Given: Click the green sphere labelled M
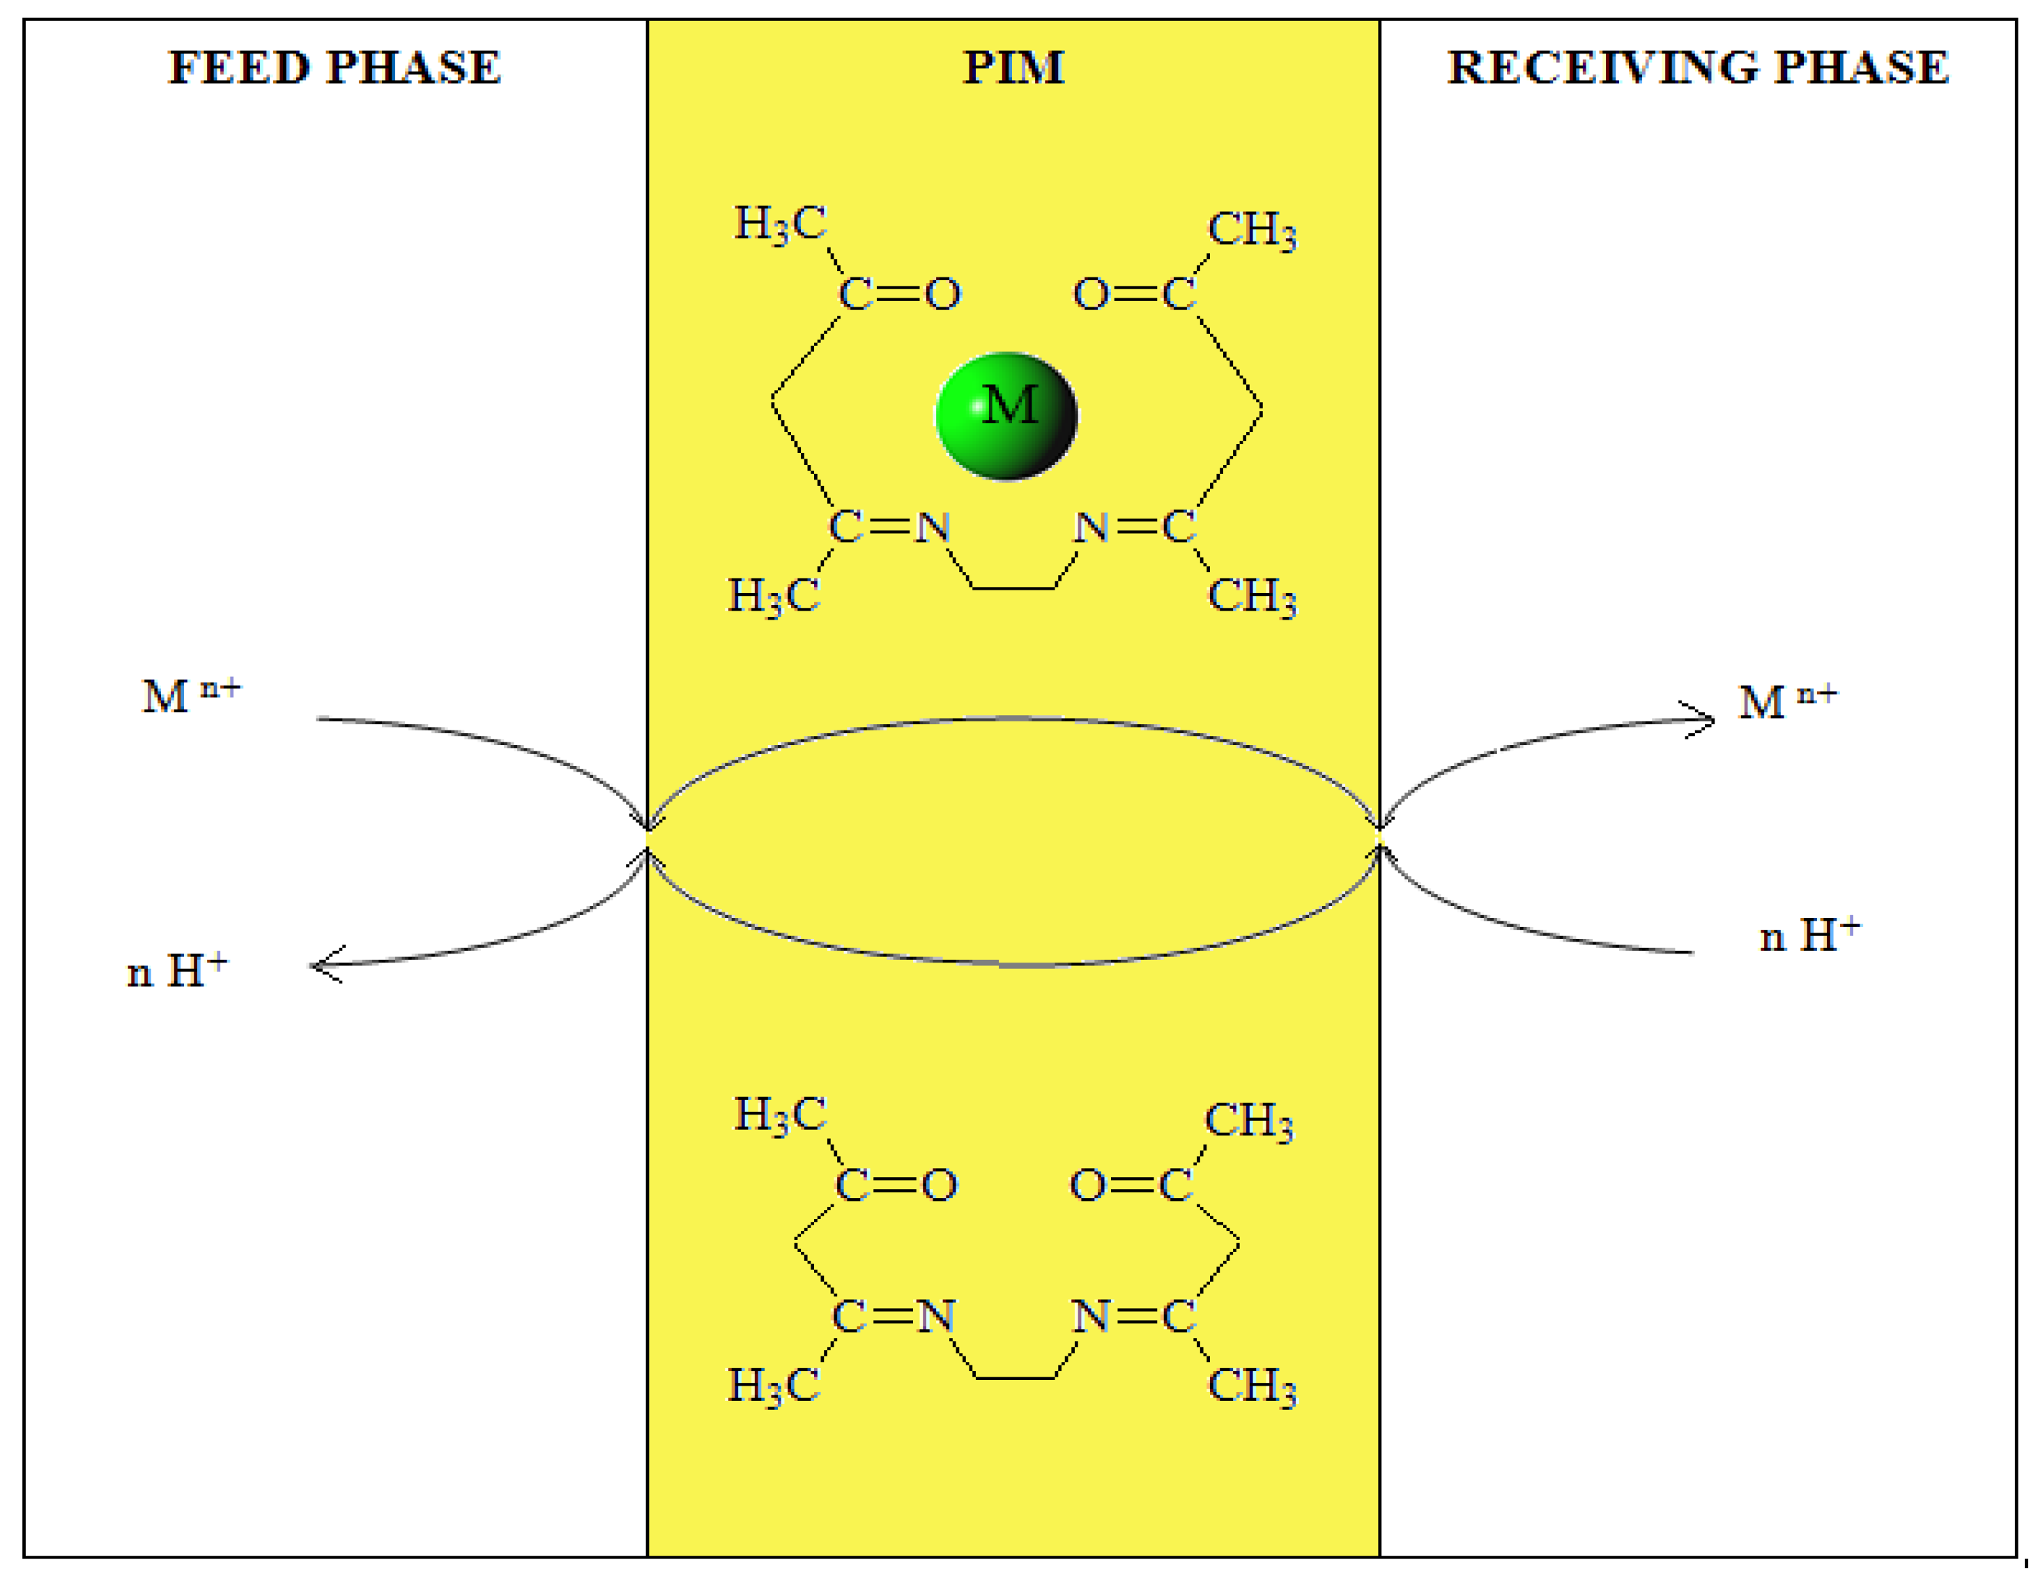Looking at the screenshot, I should [1007, 415].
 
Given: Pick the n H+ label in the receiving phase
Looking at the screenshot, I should [1809, 936].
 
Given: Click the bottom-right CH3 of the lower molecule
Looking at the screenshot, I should [1251, 1386].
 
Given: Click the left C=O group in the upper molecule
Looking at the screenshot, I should [898, 294].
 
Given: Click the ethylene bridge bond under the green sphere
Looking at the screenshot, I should [1014, 588].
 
